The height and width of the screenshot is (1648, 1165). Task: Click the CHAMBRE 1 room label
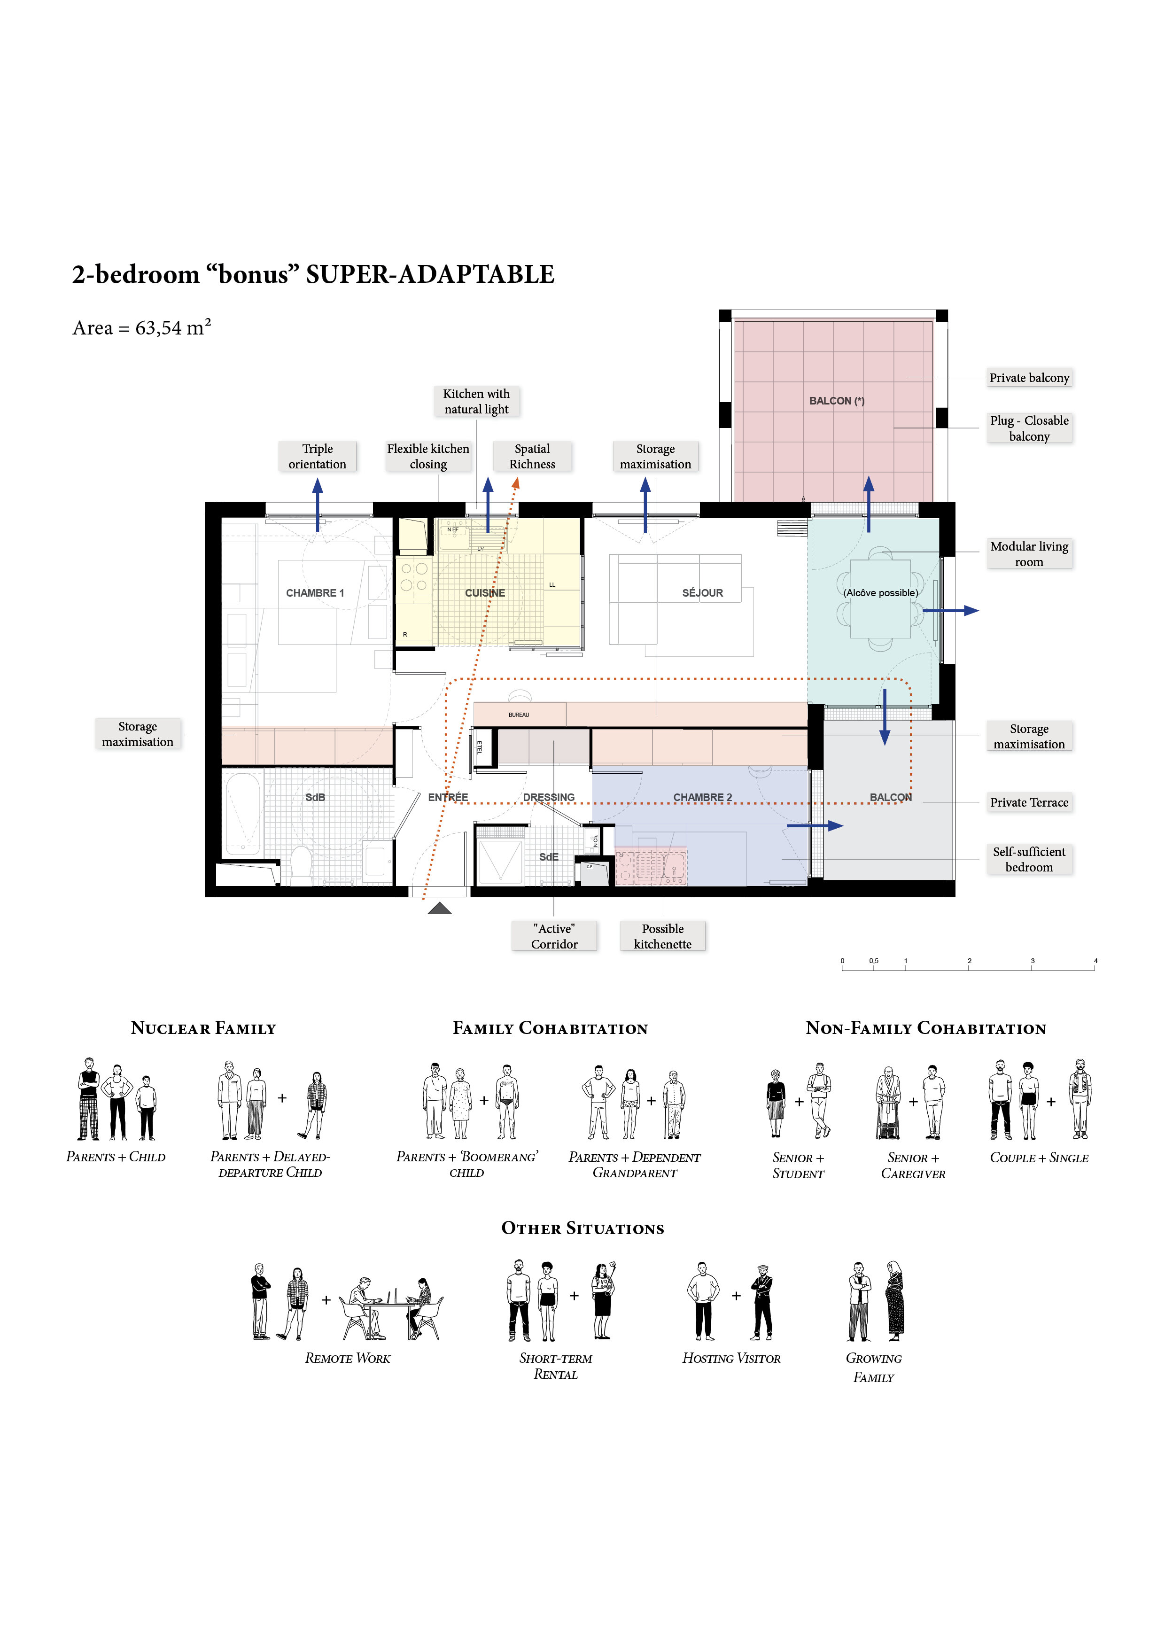315,593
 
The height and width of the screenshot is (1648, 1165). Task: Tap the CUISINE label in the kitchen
485,593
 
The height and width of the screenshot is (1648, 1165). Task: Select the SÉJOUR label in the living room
703,593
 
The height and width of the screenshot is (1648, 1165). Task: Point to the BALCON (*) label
837,401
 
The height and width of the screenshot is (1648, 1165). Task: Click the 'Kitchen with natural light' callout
477,401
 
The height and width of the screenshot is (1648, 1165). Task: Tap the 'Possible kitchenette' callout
662,936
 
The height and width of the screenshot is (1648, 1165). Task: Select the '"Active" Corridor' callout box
554,936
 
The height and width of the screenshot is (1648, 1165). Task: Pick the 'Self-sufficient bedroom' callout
1029,859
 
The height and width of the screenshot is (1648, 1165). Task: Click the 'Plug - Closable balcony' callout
1029,428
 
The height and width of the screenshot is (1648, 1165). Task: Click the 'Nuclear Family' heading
203,1028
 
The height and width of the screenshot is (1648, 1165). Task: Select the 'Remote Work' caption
348,1358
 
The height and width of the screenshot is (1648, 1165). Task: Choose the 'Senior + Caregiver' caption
913,1166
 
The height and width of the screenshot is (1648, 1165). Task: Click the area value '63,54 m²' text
173,327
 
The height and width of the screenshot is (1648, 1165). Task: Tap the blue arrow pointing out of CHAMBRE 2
815,826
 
